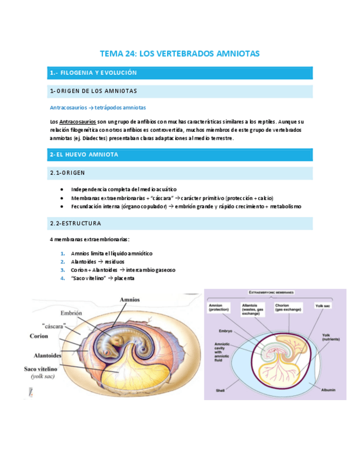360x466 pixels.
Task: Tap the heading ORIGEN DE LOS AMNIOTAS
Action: coord(96,91)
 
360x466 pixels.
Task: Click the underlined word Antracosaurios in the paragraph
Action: coord(77,121)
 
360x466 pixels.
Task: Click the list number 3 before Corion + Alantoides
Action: coord(63,270)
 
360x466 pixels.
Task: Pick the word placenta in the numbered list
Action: coord(123,279)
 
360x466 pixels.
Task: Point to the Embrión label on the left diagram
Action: coord(71,313)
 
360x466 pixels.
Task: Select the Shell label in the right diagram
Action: coord(221,391)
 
